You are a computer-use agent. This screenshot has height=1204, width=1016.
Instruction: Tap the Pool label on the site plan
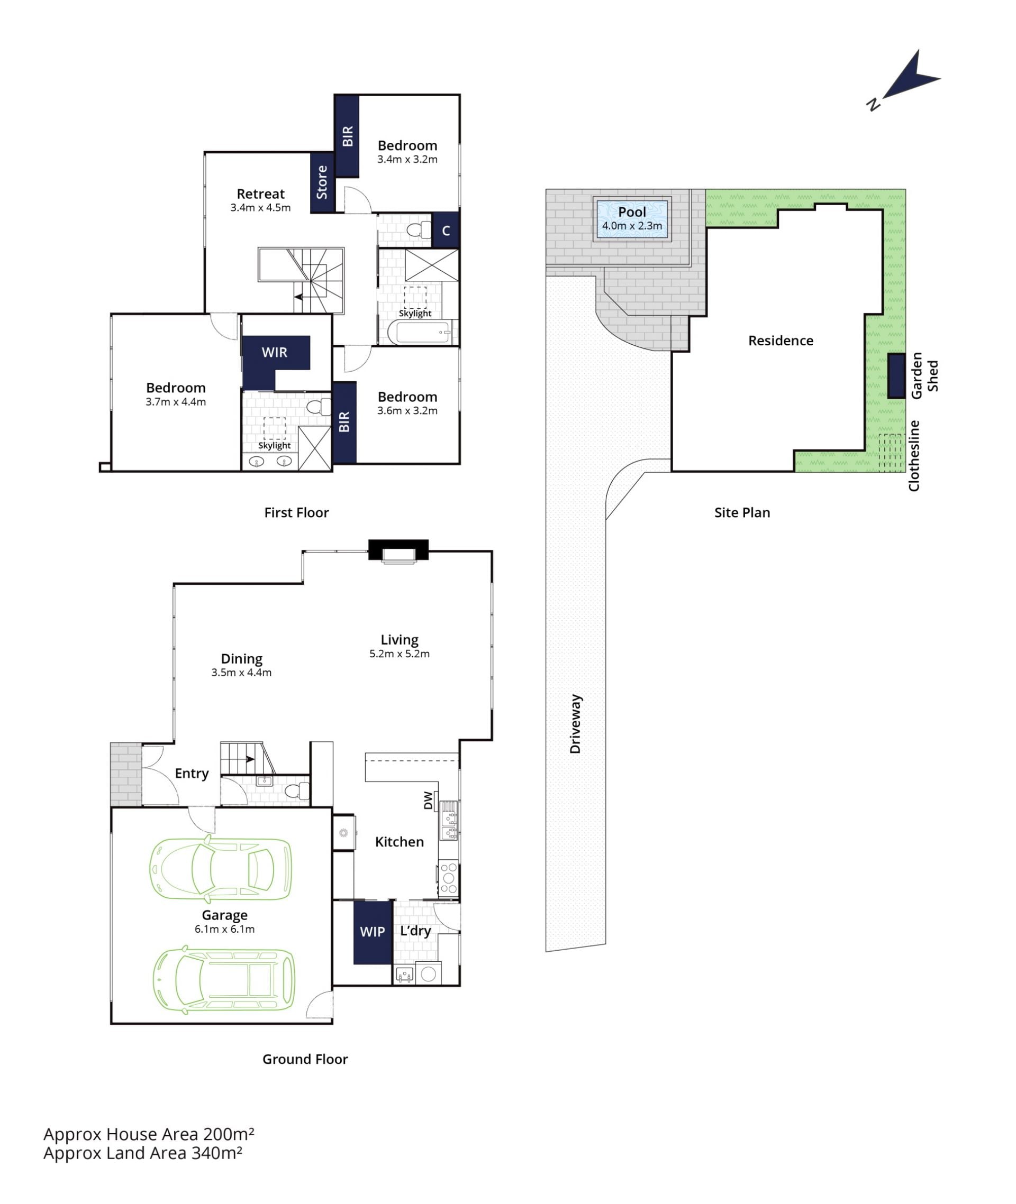point(632,212)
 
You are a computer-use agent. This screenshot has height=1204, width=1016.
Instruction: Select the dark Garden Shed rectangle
point(896,376)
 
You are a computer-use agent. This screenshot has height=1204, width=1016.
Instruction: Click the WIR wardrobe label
point(274,352)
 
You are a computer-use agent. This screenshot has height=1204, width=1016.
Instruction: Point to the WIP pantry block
point(373,932)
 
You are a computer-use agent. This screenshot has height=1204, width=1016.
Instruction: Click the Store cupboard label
point(322,182)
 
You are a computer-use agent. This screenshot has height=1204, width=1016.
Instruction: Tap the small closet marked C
point(445,231)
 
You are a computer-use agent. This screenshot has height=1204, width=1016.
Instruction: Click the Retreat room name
point(260,194)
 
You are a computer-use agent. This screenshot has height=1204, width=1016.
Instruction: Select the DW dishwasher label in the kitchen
point(428,800)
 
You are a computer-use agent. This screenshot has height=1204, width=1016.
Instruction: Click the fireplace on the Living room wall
point(398,551)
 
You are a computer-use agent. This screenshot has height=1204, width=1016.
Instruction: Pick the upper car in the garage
point(221,870)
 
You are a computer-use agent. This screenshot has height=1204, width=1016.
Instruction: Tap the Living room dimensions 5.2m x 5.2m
point(399,653)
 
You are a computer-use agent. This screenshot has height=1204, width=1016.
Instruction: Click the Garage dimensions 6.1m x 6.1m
point(224,929)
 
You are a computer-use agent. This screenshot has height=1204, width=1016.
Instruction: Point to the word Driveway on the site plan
point(575,723)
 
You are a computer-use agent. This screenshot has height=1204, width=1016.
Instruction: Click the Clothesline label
point(914,455)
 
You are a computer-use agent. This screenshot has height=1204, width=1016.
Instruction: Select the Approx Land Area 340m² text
point(143,1153)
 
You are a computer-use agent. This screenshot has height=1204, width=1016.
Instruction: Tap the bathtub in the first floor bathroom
point(419,332)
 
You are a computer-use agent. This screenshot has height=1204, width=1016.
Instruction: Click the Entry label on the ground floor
point(192,774)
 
